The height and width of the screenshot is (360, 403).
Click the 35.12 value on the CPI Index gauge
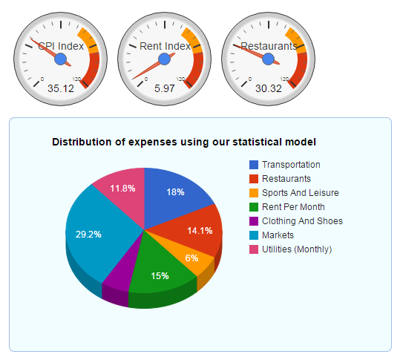(x=61, y=89)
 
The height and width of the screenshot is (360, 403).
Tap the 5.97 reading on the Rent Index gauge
(x=165, y=89)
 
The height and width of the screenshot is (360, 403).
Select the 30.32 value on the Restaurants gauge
(x=269, y=89)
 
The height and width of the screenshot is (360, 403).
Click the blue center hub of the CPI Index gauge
(x=61, y=59)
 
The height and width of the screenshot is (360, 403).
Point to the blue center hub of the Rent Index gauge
(x=165, y=59)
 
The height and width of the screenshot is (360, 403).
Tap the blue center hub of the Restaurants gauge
(x=269, y=59)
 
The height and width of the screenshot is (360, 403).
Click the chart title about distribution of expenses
(x=184, y=141)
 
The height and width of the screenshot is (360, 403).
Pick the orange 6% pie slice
(x=191, y=258)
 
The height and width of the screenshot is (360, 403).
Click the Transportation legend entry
(x=291, y=165)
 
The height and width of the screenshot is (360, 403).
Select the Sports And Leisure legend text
(x=301, y=193)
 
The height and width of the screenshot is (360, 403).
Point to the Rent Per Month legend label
(x=293, y=207)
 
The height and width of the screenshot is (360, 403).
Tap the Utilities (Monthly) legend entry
(x=297, y=249)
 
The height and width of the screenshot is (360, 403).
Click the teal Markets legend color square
(x=254, y=235)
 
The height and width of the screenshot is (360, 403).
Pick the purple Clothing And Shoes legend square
(x=254, y=221)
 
